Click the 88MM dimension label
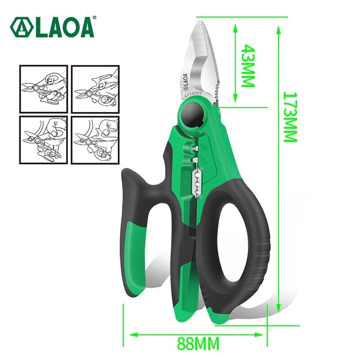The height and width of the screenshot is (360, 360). click(x=198, y=344)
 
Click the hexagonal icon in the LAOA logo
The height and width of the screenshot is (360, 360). click(x=19, y=27)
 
